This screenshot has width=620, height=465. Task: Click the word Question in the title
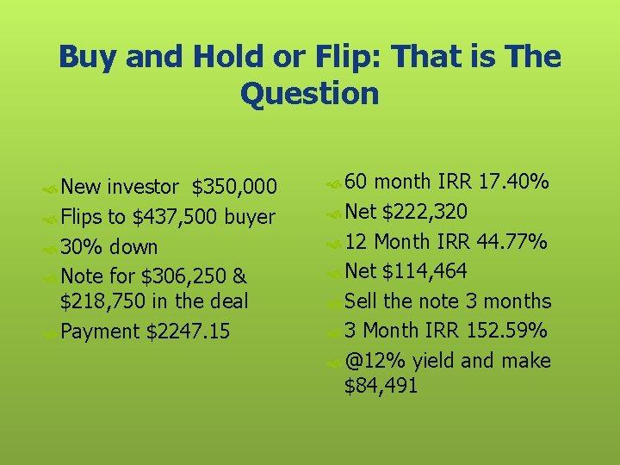(x=310, y=93)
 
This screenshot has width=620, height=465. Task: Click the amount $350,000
(x=234, y=187)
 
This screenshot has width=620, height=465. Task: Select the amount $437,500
(x=175, y=217)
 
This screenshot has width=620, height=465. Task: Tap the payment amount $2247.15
(x=189, y=332)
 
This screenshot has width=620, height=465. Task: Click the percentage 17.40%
(x=514, y=183)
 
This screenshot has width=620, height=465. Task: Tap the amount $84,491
(x=381, y=386)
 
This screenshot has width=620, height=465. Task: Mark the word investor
(x=144, y=187)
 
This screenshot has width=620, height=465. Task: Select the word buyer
(x=249, y=217)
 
